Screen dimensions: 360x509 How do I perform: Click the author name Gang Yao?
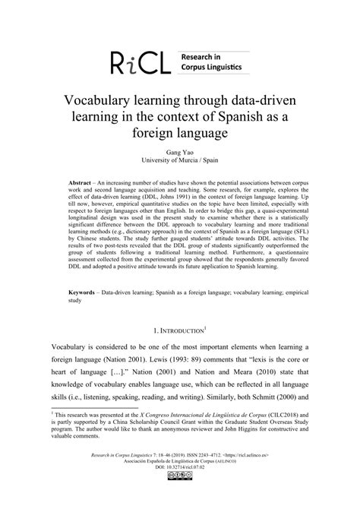pos(179,153)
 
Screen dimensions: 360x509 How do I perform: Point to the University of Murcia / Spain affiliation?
pos(179,162)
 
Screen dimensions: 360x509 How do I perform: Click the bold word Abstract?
pos(79,185)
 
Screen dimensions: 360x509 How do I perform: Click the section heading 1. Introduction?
pos(180,330)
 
